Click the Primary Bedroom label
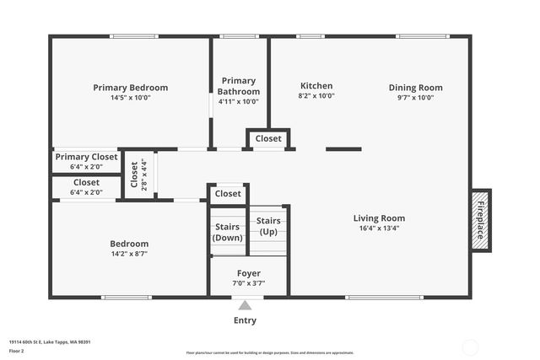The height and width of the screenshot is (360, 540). point(130,88)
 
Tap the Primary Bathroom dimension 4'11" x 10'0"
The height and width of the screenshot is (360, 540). point(238,101)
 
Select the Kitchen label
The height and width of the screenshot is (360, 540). point(316,86)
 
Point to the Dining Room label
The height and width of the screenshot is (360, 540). point(415,88)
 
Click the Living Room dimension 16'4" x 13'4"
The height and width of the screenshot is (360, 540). point(379,228)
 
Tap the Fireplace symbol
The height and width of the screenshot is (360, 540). point(481,219)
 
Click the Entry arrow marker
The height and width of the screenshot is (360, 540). point(245,306)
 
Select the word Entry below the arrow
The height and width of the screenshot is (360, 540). point(245,320)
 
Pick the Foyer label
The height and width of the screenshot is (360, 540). point(248,273)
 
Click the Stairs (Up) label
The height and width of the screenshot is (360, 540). point(268,226)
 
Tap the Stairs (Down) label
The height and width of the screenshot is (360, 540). point(228,232)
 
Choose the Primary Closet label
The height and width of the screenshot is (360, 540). point(86,157)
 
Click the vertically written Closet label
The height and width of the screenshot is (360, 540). point(135,175)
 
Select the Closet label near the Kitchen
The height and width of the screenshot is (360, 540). point(268,138)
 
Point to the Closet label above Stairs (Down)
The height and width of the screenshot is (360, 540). point(228,193)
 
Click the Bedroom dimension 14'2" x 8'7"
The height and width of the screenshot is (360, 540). point(129,254)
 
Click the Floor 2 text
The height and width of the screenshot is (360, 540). point(17,350)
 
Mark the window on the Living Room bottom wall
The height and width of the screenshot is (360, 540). point(385,297)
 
